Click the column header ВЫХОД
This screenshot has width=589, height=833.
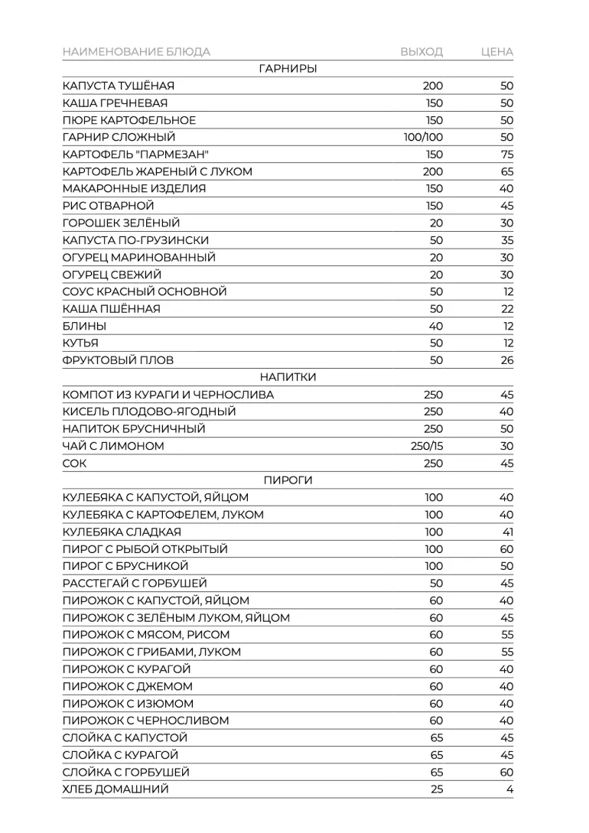coord(421,52)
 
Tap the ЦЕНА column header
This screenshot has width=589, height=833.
coord(497,52)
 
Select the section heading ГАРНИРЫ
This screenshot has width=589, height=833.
coord(288,69)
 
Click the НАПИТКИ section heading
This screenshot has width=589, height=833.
coord(288,377)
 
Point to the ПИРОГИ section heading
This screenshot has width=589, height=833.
coord(288,480)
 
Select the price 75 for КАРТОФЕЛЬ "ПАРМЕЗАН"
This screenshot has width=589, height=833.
coord(506,155)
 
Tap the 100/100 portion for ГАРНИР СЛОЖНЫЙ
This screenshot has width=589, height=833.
coord(423,138)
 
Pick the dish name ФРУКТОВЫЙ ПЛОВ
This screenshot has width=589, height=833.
coord(118,360)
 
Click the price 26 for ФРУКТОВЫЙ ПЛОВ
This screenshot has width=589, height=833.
coord(506,360)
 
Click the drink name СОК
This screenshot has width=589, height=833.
coord(75,464)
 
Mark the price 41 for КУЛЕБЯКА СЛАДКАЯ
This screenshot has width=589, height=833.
coord(508,532)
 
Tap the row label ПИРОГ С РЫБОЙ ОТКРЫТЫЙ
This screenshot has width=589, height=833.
coord(145,549)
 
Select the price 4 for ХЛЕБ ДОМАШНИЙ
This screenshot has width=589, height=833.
coord(509,789)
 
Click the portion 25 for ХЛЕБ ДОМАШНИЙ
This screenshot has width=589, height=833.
coord(436,789)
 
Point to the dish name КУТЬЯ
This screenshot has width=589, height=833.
coord(80,343)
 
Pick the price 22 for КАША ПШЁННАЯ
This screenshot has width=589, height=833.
coord(506,309)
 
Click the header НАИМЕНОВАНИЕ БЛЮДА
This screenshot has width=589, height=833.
coord(136,52)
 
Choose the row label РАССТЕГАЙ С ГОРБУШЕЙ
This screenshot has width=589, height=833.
coord(135,584)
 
